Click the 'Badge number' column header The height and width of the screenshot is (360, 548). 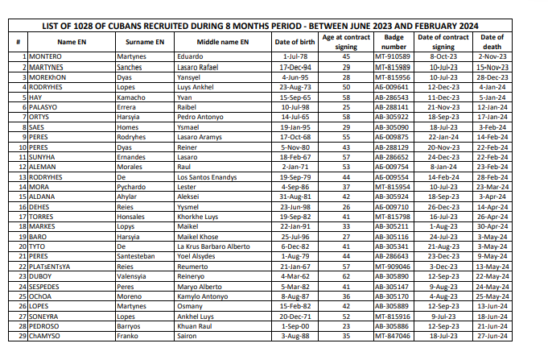pyautogui.click(x=393, y=42)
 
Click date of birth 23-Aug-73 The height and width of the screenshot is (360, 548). pyautogui.click(x=293, y=85)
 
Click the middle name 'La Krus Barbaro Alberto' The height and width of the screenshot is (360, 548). pyautogui.click(x=213, y=246)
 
